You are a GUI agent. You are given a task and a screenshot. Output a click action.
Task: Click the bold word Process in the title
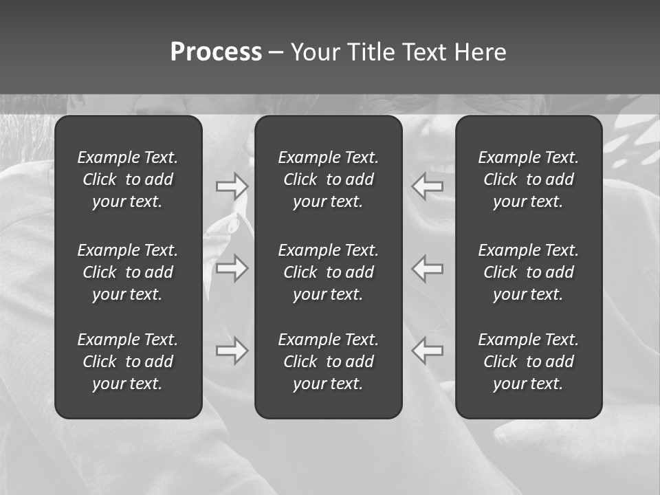tap(216, 52)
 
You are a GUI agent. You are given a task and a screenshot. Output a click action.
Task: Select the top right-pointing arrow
tap(232, 186)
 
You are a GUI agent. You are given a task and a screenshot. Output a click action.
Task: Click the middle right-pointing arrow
tap(232, 268)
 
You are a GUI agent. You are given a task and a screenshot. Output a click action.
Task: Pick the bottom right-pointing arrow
tap(232, 351)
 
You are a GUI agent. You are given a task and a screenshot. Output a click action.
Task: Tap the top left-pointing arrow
tap(428, 186)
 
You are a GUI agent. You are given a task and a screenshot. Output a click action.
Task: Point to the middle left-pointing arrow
tap(428, 268)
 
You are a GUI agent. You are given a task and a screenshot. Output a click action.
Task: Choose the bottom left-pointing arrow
tap(428, 351)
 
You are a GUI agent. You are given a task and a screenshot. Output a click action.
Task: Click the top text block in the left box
tap(128, 179)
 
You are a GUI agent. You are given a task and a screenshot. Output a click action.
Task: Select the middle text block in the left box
tap(128, 272)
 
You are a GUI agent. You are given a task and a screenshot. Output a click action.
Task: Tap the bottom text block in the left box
tap(128, 362)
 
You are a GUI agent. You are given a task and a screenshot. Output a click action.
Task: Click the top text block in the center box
tap(329, 179)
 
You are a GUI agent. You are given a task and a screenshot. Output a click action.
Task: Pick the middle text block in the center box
tap(329, 272)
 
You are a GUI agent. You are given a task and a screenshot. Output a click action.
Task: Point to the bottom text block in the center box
tap(329, 362)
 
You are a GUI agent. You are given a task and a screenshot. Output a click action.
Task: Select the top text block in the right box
tap(529, 179)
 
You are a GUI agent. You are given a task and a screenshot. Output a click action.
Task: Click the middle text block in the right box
tap(529, 272)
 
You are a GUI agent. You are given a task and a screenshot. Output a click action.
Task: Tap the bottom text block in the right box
tap(529, 362)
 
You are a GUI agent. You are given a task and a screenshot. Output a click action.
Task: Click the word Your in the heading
tap(313, 52)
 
